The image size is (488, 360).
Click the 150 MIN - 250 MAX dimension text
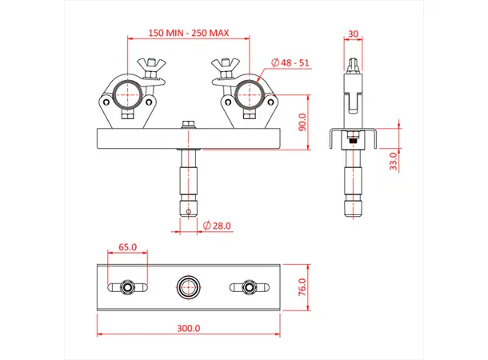pos(189,33)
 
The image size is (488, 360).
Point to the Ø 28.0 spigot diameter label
pos(216,226)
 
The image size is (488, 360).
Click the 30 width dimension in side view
pos(353,34)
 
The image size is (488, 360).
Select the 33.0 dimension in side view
pos(392,161)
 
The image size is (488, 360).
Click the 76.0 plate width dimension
pos(301,286)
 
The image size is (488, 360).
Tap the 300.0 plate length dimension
pos(190,328)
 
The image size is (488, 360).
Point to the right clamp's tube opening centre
pos(248,94)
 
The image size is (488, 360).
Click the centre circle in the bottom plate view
pos(190,286)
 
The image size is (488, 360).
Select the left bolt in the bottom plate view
pos(127,286)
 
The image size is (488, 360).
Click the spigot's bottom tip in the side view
pos(352,214)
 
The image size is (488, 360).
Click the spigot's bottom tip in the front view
pos(189,212)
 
